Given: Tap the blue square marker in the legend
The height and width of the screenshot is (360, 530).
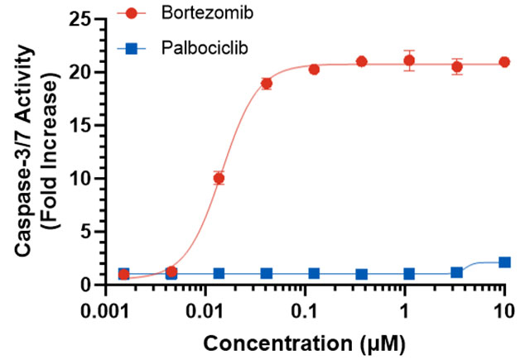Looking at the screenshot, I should click(x=130, y=50).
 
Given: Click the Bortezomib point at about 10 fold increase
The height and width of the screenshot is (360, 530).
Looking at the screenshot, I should click(x=219, y=178).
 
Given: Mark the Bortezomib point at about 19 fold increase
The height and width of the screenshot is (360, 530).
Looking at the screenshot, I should click(x=266, y=83).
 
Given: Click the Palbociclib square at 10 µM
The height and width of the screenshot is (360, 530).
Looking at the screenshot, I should click(x=504, y=262).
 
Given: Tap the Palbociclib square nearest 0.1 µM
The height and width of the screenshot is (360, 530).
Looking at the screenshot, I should click(x=314, y=273).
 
